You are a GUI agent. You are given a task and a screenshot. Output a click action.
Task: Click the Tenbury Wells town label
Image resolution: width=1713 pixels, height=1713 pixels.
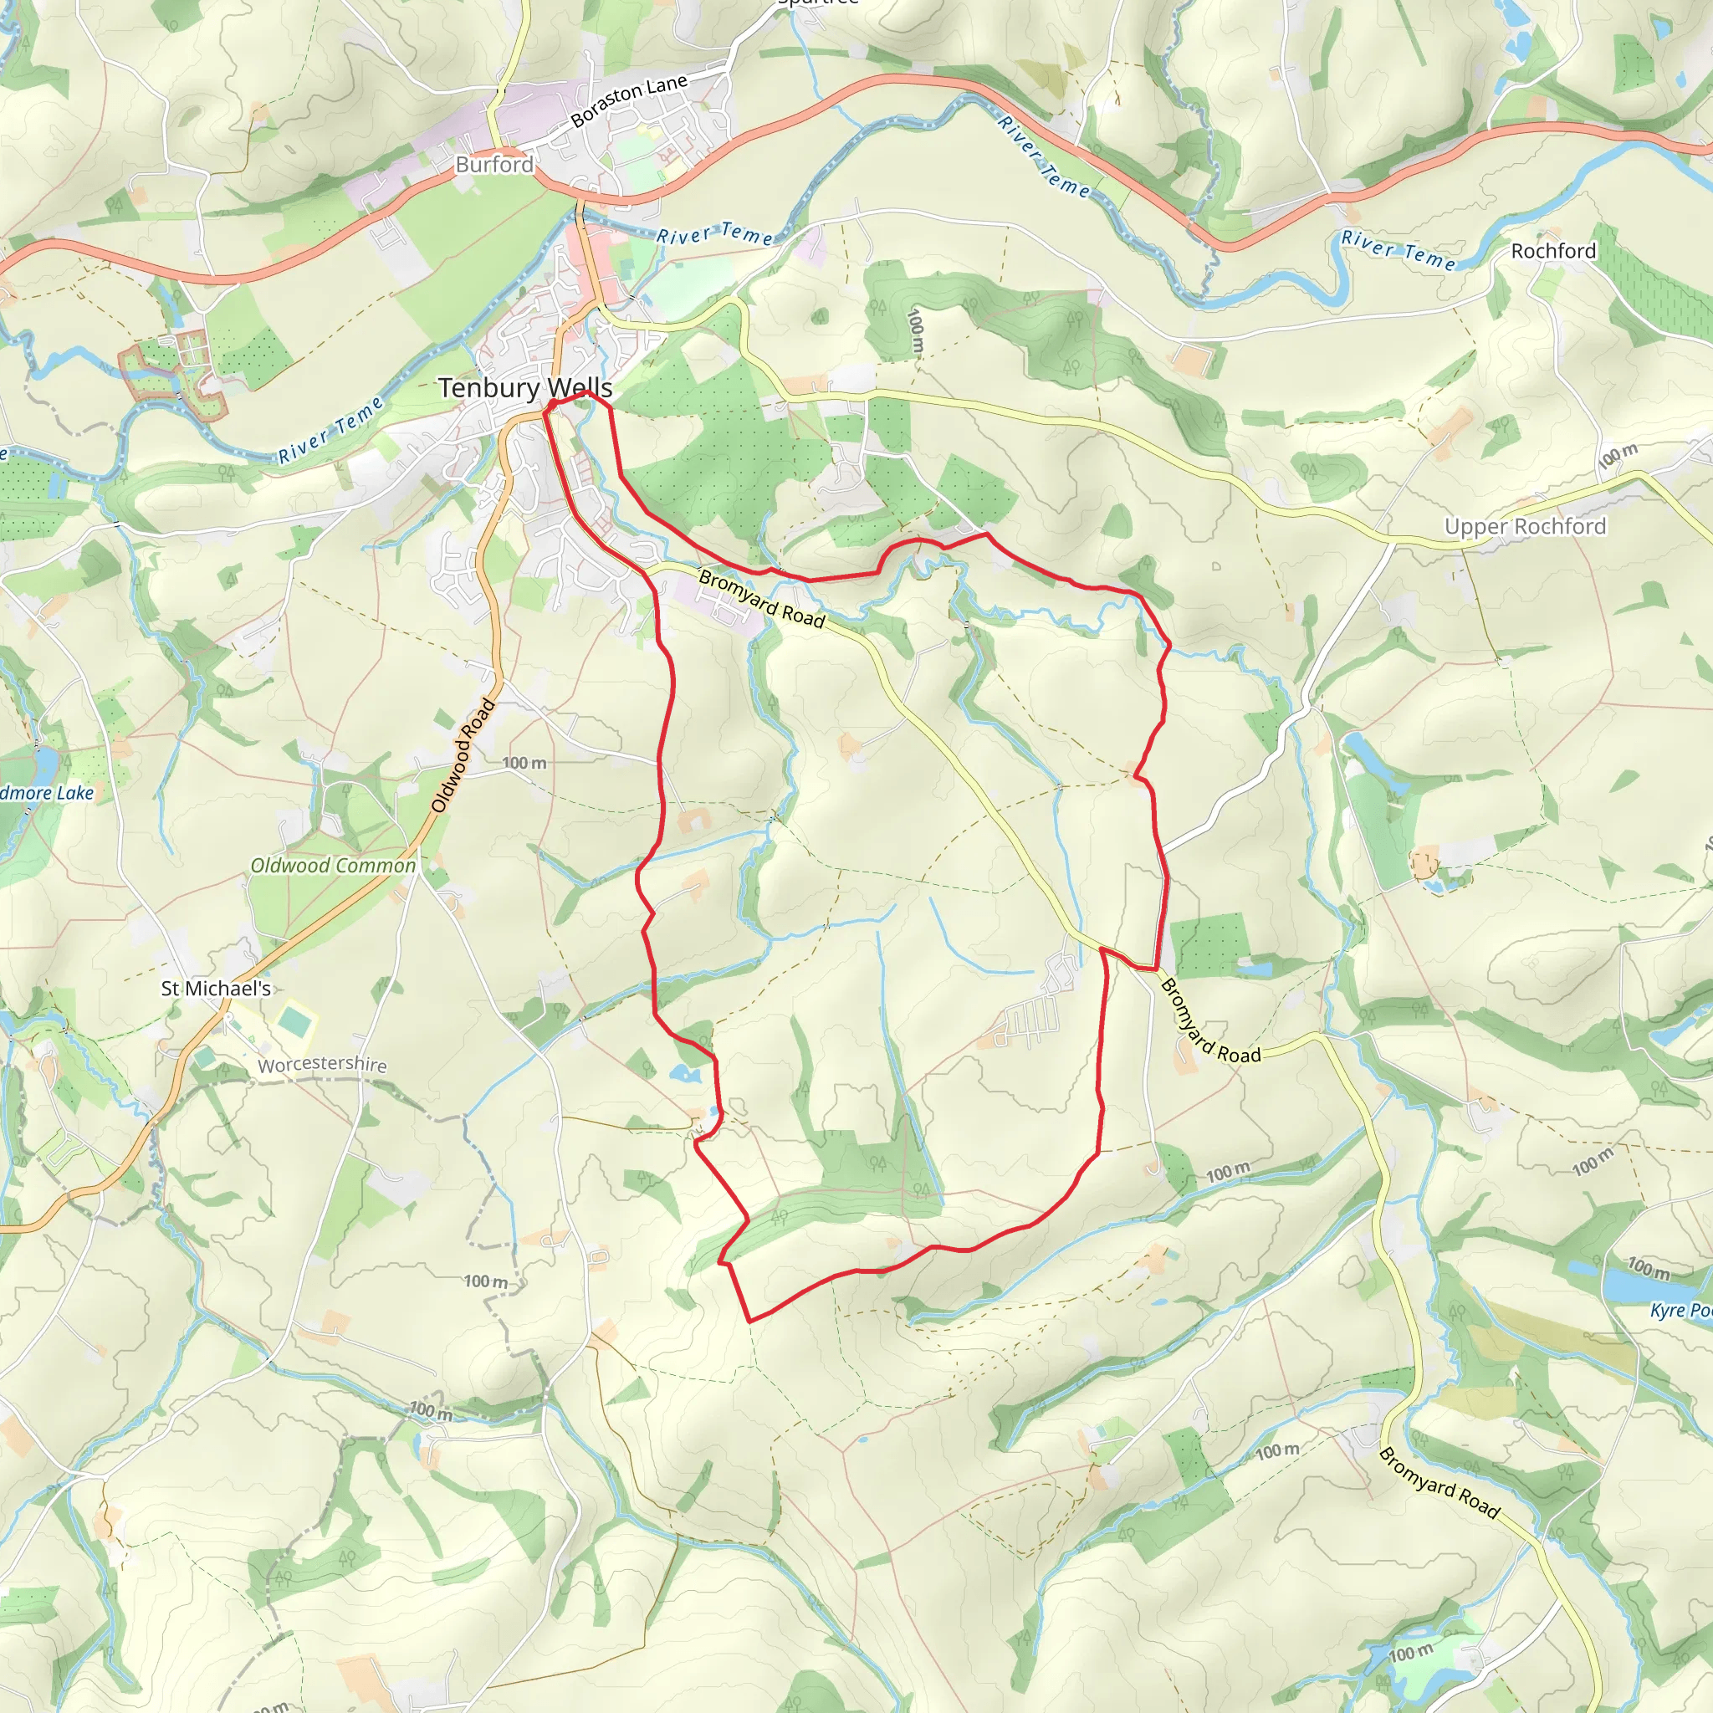525,388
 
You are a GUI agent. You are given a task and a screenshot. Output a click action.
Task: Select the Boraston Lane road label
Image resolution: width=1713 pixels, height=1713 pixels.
629,101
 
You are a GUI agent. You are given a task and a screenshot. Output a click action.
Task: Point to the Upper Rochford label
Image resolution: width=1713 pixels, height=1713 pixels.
1524,527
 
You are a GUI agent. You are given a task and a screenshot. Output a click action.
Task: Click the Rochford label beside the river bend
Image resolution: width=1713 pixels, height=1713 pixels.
1552,251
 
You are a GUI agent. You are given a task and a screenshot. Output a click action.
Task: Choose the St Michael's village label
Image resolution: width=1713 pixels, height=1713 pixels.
216,989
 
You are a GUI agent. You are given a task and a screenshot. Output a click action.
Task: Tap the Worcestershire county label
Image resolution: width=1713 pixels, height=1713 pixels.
322,1065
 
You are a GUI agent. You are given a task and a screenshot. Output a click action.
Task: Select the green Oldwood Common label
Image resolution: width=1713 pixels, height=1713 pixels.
333,866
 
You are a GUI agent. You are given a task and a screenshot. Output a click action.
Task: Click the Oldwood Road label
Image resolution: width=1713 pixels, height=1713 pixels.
463,756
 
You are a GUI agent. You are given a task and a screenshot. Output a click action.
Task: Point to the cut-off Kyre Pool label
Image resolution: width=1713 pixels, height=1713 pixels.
1680,1311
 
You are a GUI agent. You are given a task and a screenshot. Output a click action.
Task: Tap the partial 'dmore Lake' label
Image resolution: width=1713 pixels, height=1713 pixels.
47,793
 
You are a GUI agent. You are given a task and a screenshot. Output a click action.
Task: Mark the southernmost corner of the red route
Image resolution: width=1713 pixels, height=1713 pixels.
750,1321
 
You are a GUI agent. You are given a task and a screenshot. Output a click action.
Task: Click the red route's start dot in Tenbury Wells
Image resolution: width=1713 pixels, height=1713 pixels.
551,405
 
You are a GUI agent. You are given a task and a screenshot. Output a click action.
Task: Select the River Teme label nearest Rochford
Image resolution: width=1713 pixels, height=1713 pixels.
1398,250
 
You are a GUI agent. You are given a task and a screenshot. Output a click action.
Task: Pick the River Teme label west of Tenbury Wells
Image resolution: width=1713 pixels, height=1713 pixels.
330,430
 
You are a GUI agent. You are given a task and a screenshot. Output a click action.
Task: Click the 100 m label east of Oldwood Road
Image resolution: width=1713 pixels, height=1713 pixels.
524,763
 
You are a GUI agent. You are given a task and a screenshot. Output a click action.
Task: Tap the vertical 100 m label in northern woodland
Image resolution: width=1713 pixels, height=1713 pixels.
916,330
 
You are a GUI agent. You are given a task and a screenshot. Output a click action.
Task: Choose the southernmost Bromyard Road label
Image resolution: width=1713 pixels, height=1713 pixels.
1438,1482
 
